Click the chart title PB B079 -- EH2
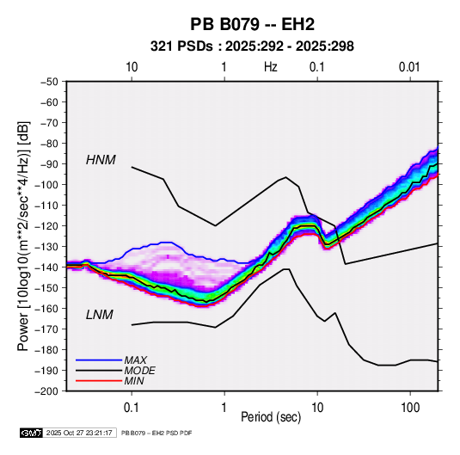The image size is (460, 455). click(252, 24)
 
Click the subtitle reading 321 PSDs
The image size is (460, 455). click(181, 46)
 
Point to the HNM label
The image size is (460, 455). click(101, 160)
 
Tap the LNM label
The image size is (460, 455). click(100, 315)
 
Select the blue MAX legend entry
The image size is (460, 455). click(111, 360)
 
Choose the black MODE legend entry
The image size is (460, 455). click(115, 371)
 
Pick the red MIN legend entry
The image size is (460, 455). click(110, 381)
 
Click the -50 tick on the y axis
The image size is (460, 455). click(49, 82)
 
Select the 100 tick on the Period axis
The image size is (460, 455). click(410, 408)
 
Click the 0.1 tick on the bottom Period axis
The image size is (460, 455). click(132, 408)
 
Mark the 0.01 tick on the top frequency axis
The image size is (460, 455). click(409, 67)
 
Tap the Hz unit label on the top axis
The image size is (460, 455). click(271, 67)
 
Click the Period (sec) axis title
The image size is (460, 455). click(271, 417)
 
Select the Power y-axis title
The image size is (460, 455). click(23, 236)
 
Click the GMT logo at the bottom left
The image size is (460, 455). click(32, 433)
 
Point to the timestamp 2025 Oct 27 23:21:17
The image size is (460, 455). click(79, 433)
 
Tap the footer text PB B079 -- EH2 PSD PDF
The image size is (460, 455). click(156, 433)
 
